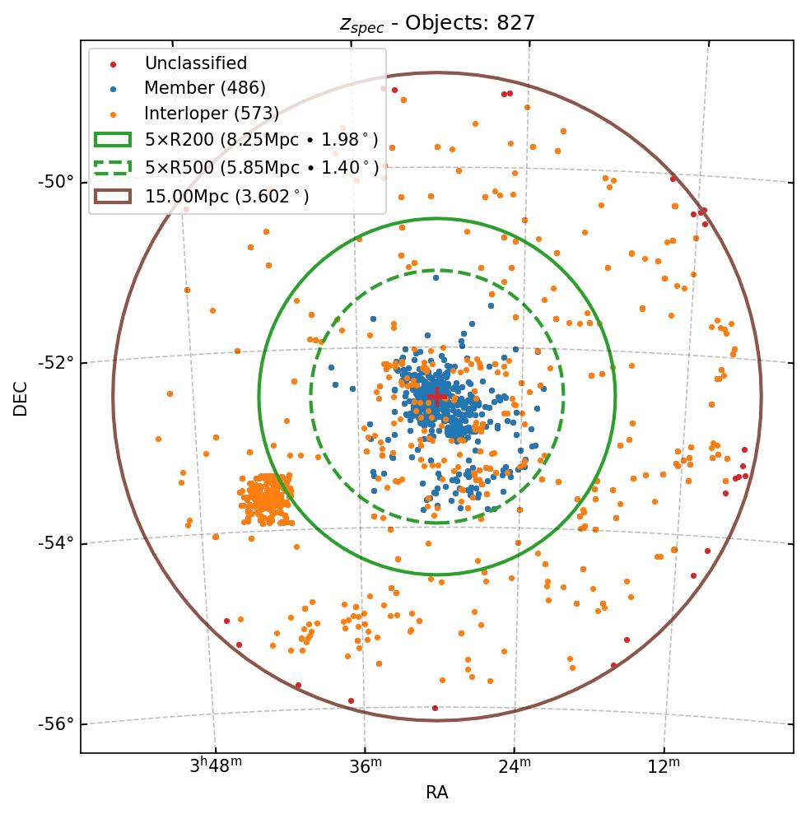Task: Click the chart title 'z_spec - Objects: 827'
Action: pos(437,23)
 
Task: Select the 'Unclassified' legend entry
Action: pos(195,63)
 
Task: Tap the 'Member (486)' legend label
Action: pos(204,88)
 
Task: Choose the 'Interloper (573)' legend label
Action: pos(212,114)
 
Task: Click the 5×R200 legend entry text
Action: pos(261,140)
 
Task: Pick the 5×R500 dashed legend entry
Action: pos(261,168)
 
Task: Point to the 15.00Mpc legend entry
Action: pos(226,196)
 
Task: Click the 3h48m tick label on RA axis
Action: pos(216,766)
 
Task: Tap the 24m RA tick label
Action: pos(515,766)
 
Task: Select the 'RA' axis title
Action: pos(436,793)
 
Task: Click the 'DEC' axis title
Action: pos(21,398)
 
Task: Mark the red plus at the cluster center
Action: pos(437,396)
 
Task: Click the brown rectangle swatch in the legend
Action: pos(112,196)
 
